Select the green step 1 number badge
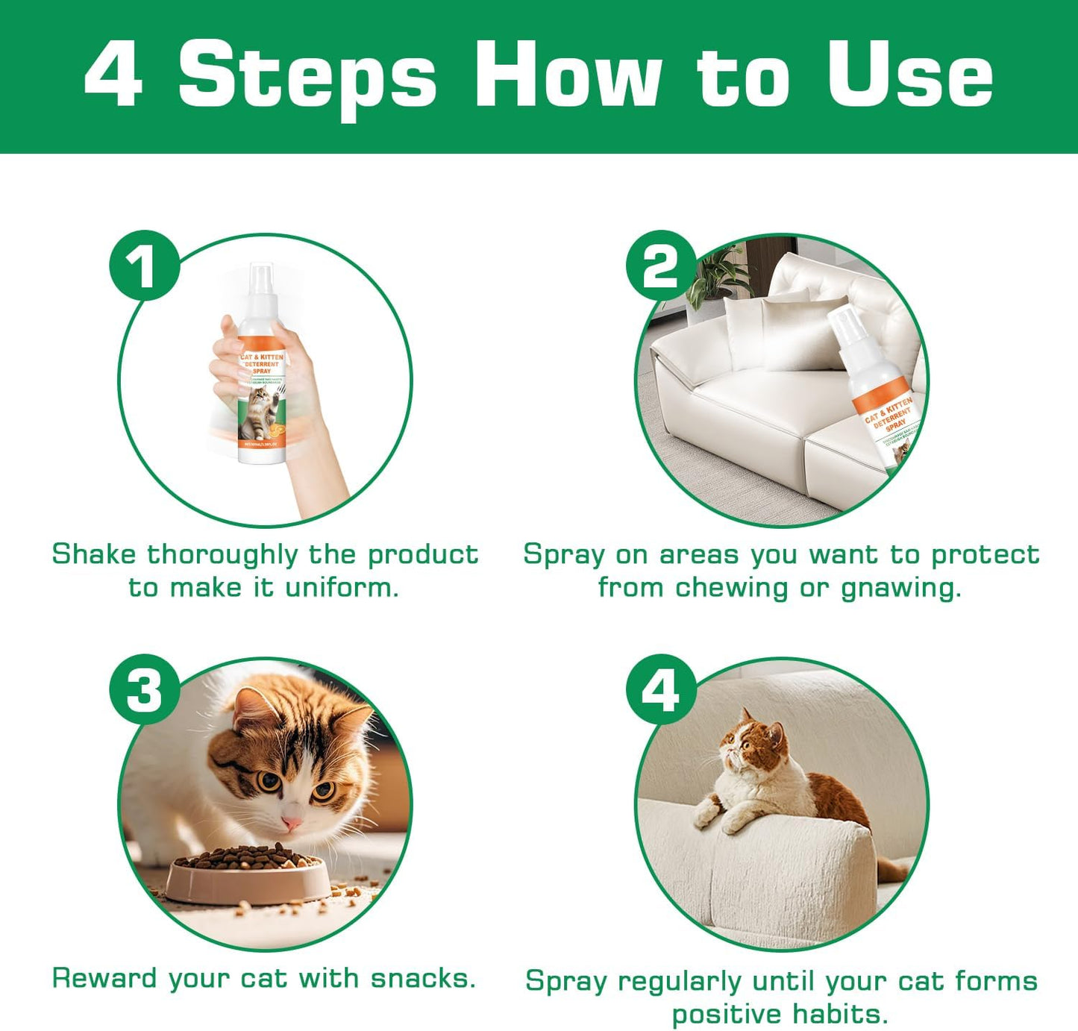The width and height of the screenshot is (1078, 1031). [144, 266]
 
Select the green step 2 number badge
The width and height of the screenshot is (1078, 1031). [660, 266]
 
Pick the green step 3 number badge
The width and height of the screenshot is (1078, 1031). [144, 690]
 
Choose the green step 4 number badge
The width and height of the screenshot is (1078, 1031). [660, 690]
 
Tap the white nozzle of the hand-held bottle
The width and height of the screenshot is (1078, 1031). [261, 280]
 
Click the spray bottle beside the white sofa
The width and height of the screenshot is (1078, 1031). [877, 388]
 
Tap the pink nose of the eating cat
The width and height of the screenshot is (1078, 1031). [291, 823]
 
